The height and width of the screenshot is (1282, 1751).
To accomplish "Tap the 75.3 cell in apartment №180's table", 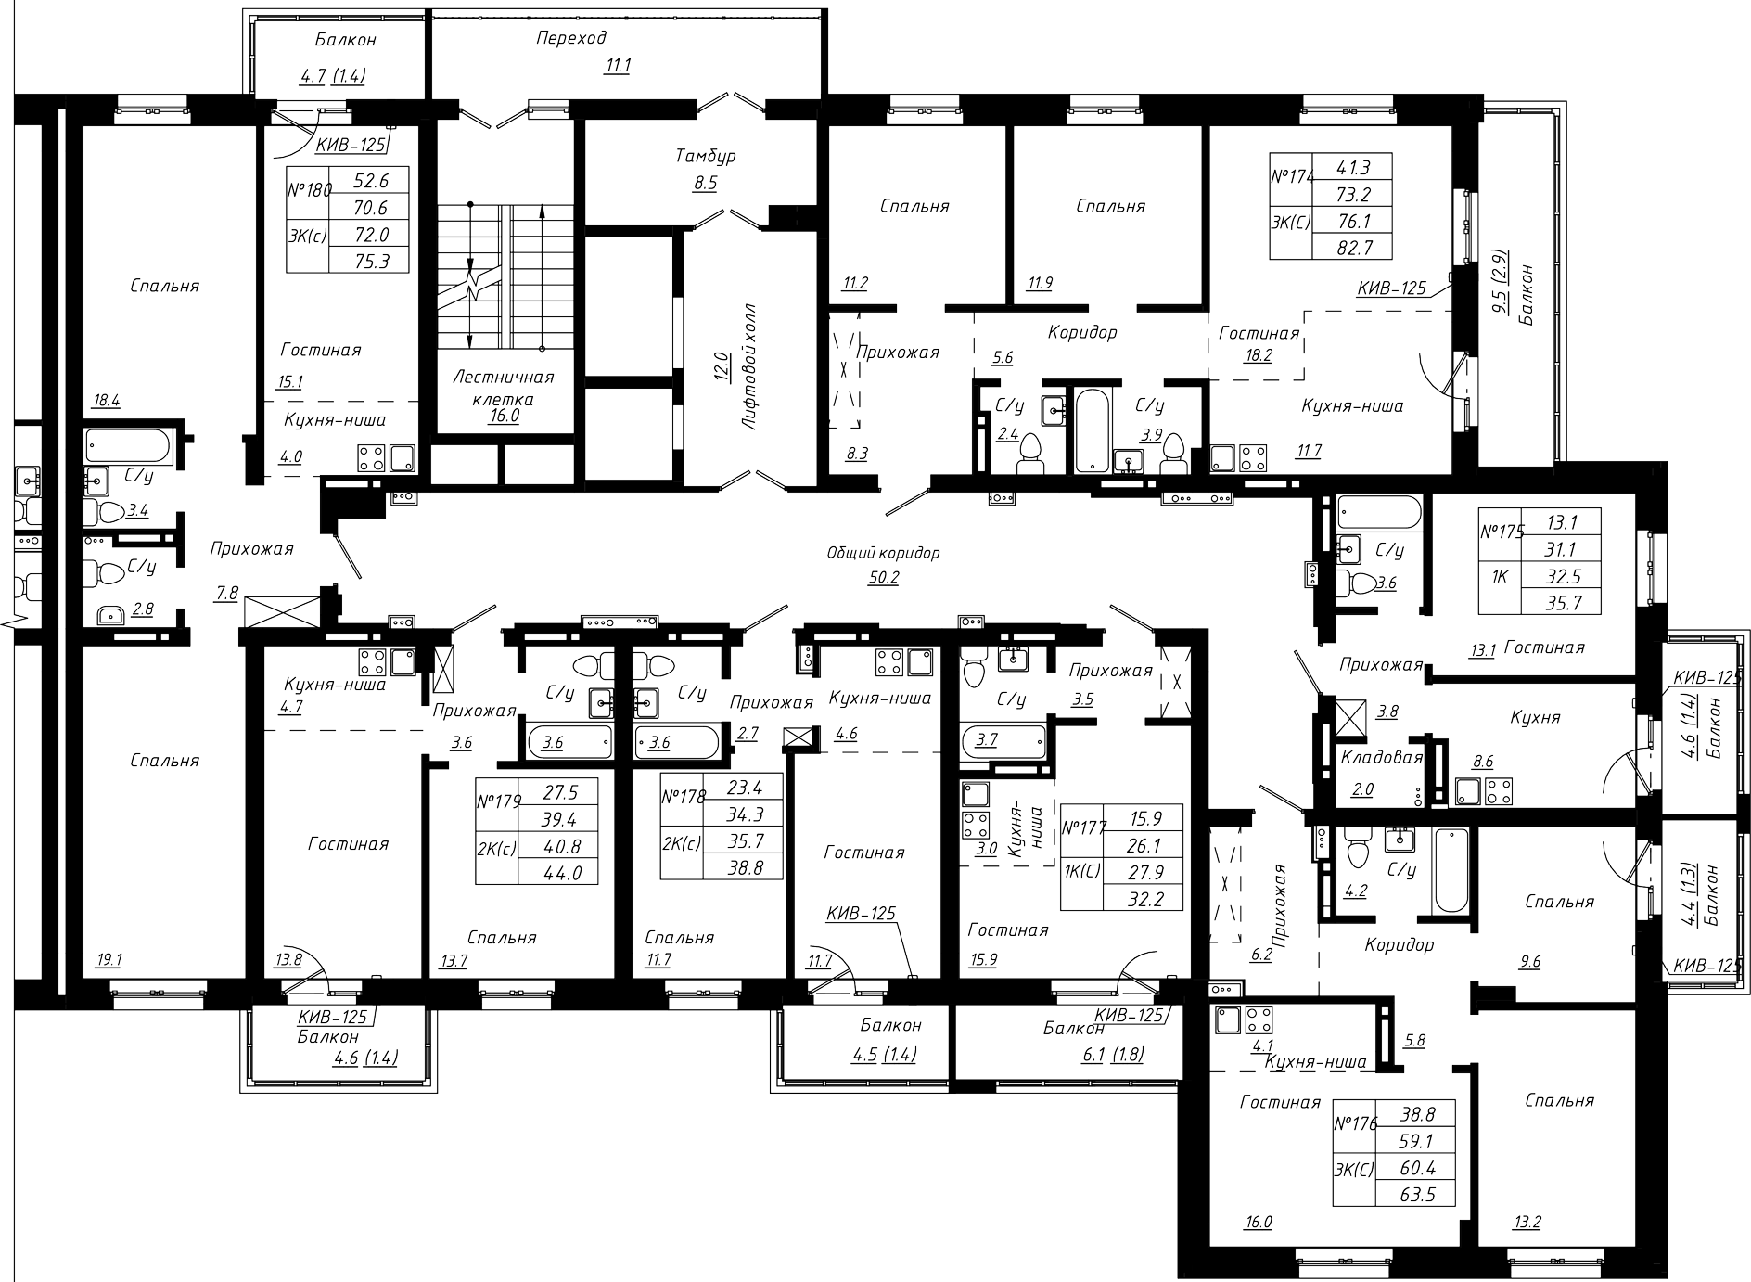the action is [x=369, y=261].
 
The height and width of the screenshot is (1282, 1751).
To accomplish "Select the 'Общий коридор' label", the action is [x=883, y=553].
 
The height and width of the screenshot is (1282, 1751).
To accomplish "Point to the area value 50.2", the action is [x=883, y=578].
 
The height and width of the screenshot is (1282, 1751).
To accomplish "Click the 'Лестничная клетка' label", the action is [x=504, y=388].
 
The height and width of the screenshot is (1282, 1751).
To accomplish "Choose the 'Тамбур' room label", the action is [x=705, y=156].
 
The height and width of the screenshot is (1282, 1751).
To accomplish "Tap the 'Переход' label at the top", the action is [x=571, y=38].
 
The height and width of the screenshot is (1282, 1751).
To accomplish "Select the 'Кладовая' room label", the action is [x=1382, y=757].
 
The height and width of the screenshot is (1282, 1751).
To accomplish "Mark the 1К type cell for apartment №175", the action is [x=1500, y=576].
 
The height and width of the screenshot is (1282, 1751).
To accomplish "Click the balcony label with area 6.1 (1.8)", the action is [x=1073, y=1029].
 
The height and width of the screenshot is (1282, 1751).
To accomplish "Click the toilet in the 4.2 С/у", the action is [x=1358, y=846].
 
